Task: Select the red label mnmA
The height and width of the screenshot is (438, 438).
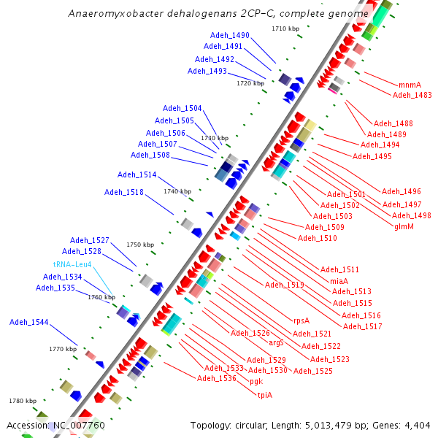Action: click(410, 85)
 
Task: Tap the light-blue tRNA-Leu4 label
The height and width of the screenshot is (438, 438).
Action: click(72, 264)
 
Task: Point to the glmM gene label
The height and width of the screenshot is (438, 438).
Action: click(404, 226)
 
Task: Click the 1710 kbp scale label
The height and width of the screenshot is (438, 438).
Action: click(285, 29)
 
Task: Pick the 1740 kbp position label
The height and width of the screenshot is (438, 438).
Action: click(177, 191)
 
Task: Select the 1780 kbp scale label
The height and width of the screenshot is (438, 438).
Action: click(23, 401)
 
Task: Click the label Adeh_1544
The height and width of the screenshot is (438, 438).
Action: click(29, 322)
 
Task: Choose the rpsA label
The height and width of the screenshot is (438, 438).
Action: click(301, 320)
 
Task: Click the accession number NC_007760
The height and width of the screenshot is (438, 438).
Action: click(80, 426)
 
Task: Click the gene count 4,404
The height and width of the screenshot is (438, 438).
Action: click(417, 426)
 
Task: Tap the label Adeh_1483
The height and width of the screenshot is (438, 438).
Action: click(412, 95)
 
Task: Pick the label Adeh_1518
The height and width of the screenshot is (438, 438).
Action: click(124, 193)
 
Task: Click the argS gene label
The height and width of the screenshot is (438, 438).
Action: click(276, 342)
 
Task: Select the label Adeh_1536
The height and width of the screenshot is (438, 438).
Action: click(216, 378)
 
